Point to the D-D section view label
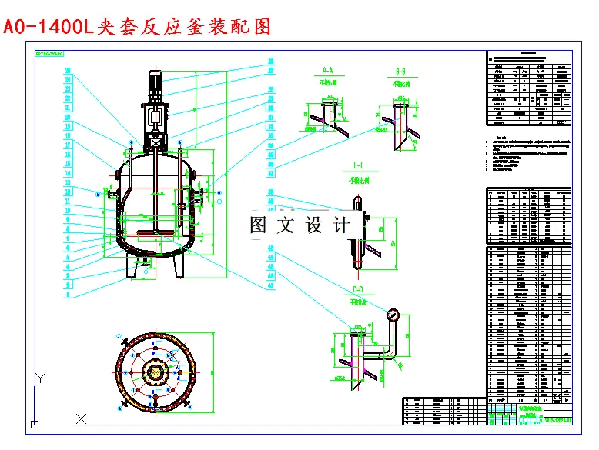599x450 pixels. point(356,289)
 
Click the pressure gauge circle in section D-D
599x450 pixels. point(395,313)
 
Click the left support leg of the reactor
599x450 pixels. point(133,265)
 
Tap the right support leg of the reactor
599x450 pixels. point(178,265)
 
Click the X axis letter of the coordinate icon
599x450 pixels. point(81,418)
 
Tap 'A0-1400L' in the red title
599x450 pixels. point(48,27)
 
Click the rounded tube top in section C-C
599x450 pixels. point(356,202)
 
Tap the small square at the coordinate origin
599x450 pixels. point(34,424)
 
